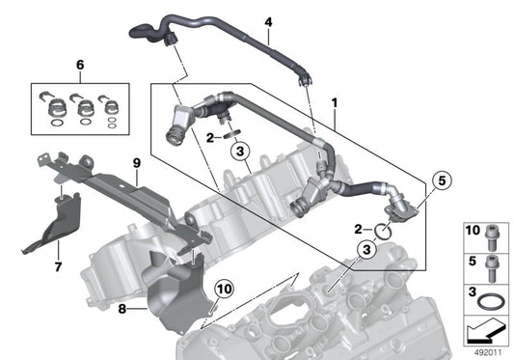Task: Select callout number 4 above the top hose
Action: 268,21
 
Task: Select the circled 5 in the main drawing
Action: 442,180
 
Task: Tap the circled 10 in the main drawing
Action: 224,289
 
